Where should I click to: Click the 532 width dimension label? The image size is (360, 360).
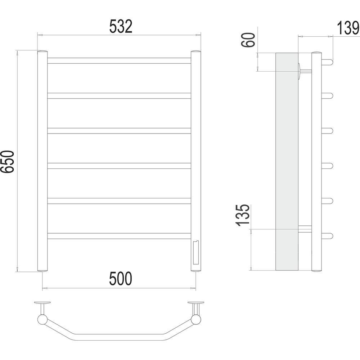121,26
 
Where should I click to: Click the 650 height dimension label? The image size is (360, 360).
7,162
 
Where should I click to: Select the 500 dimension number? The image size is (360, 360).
121,279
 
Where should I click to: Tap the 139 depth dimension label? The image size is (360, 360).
348,28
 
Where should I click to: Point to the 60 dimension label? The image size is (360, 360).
248,40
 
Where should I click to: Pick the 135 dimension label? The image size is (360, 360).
243,215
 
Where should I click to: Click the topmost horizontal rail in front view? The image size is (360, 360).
119,60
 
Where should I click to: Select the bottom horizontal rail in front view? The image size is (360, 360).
119,236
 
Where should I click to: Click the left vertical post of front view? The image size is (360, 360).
42,161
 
